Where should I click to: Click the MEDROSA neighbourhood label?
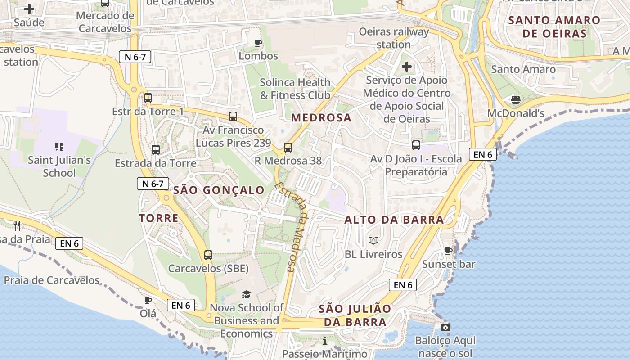321,118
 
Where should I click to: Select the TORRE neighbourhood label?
158,218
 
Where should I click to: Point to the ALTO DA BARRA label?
394,220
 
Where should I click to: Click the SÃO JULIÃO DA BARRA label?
355,315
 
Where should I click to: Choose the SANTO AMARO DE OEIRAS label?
554,27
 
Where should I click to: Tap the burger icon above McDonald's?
515,99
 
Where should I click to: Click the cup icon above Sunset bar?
448,251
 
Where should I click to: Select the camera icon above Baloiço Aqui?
445,327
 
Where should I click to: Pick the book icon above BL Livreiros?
373,241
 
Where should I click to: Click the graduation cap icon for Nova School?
246,294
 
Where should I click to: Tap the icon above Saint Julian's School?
59,146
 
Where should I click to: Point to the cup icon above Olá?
148,300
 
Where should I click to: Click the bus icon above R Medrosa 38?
288,147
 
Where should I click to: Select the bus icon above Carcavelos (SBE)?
208,255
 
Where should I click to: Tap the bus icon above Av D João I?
416,145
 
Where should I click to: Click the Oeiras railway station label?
394,38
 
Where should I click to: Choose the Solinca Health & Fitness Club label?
295,89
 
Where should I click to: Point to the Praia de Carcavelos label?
52,280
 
